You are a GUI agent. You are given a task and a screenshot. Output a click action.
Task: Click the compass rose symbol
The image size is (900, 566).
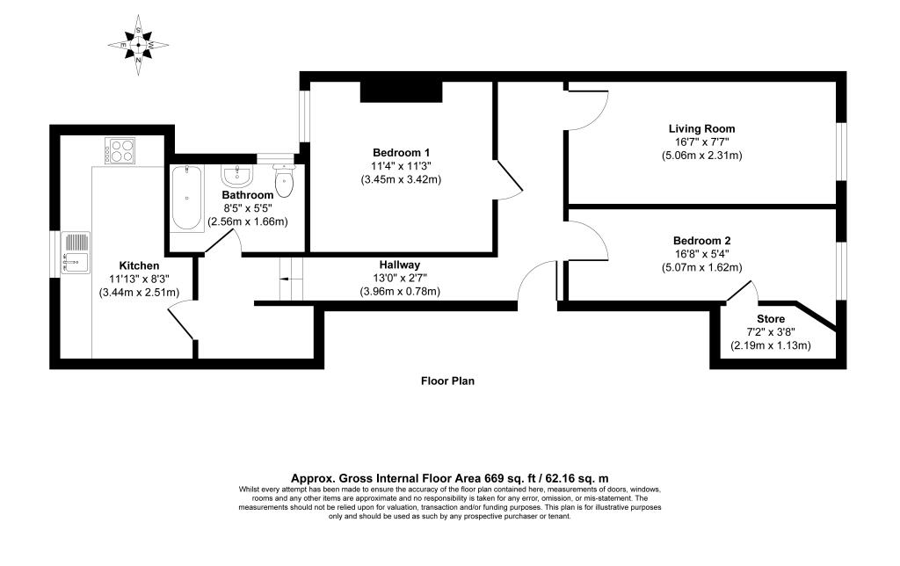[x=138, y=45]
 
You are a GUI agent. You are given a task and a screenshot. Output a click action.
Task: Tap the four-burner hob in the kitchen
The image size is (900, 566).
[x=120, y=151]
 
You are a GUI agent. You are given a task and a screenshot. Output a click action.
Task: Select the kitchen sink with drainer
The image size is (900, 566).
[x=76, y=252]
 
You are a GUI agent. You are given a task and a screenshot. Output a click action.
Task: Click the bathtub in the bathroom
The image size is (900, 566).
[x=186, y=198]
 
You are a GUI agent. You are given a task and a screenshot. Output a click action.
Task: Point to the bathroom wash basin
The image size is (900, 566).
[x=236, y=175]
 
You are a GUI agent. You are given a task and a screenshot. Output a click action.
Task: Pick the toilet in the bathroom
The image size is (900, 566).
[x=284, y=179]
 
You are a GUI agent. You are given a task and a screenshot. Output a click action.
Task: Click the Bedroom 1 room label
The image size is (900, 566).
[x=401, y=153]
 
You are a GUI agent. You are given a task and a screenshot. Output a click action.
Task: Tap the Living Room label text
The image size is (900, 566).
[x=701, y=128]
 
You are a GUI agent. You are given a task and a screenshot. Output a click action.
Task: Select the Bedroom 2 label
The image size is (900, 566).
[x=701, y=241]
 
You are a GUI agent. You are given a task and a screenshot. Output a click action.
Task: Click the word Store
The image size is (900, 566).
[x=770, y=318]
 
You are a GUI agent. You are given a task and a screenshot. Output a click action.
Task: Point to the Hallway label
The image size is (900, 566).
[x=400, y=265]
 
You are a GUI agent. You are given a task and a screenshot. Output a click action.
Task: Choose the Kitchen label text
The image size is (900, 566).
[x=139, y=265]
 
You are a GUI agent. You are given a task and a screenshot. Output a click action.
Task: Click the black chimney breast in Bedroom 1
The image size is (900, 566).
[x=401, y=92]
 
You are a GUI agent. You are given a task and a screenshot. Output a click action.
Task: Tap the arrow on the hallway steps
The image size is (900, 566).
[x=290, y=279]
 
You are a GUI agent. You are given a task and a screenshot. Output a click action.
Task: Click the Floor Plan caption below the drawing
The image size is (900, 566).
[x=447, y=381]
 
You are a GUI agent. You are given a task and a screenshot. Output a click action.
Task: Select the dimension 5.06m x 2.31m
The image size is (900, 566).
[x=701, y=155]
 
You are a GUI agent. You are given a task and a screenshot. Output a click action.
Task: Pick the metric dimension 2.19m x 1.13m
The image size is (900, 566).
[x=770, y=345]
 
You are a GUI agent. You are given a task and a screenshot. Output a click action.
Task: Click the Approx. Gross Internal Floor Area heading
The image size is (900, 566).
[x=450, y=477]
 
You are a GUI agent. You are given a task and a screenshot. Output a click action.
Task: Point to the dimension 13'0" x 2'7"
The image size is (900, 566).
[x=400, y=278]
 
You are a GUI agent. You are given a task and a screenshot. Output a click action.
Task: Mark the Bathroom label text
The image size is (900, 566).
[x=247, y=195]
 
